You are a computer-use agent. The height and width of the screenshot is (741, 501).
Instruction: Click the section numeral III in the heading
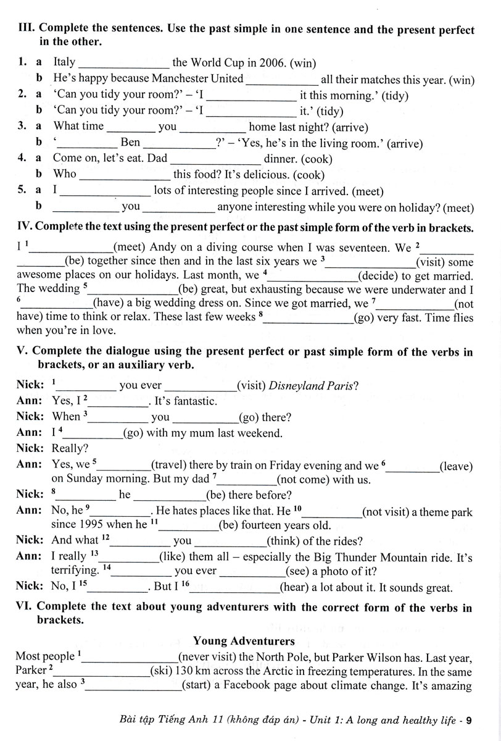[27, 30]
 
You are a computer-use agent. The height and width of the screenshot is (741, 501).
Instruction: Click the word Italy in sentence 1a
[65, 62]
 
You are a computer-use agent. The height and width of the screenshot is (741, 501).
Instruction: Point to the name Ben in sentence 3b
[130, 143]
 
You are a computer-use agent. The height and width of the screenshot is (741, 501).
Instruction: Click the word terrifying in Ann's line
[74, 571]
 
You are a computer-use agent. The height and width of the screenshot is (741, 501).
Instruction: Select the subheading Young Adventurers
[244, 641]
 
